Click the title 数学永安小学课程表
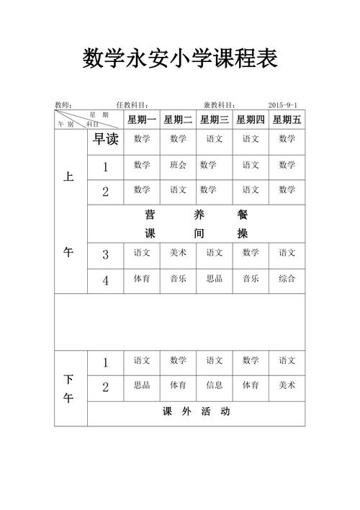[180, 57]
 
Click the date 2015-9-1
[285, 104]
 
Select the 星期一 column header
[142, 120]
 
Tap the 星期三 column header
[215, 120]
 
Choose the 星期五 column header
[287, 120]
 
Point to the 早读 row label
[106, 140]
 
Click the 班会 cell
[178, 165]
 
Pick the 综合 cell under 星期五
[287, 278]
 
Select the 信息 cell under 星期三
[215, 385]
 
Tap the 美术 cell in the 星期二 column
[178, 252]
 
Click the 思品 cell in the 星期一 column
[142, 385]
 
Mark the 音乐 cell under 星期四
[251, 278]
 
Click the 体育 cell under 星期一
[142, 278]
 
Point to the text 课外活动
[196, 412]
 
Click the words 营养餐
[196, 215]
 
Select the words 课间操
[196, 233]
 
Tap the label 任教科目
[132, 104]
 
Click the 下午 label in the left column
[68, 388]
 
